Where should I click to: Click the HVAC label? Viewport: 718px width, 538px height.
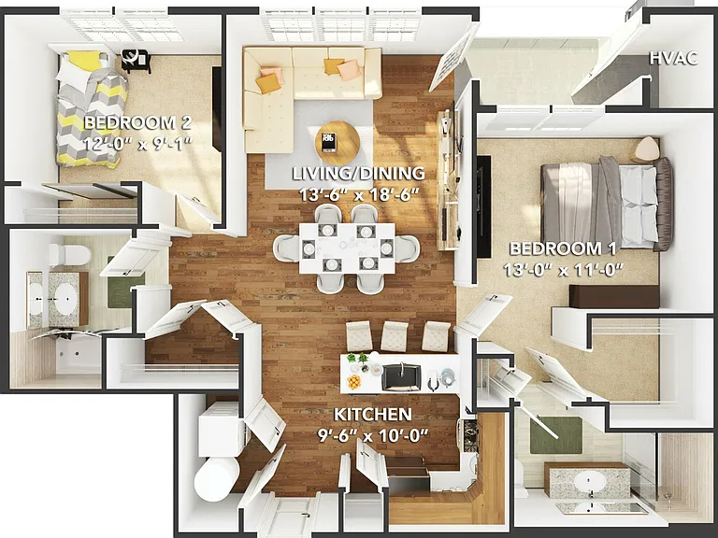(x=673, y=59)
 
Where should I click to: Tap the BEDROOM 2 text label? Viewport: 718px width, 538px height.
(x=137, y=122)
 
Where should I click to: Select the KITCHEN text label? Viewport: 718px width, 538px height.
(x=373, y=415)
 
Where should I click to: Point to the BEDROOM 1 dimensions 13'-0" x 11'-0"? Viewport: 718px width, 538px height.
(x=564, y=270)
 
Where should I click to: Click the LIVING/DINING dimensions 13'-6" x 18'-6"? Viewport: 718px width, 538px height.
(x=359, y=194)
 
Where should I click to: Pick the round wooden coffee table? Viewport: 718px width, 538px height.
(x=339, y=142)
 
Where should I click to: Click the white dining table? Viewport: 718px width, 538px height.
(x=347, y=248)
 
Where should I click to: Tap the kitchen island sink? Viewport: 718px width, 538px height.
(x=401, y=377)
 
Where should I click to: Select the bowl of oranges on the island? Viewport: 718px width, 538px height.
(x=354, y=381)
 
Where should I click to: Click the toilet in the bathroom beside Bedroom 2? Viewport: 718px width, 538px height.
(x=70, y=255)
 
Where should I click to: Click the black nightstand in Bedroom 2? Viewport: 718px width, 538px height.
(x=136, y=61)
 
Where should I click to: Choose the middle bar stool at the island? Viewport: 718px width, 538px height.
(x=394, y=336)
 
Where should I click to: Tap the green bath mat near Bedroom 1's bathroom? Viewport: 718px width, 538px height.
(x=556, y=435)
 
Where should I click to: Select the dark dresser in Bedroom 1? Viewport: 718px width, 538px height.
(x=614, y=296)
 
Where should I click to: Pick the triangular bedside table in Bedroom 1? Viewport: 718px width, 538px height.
(x=647, y=148)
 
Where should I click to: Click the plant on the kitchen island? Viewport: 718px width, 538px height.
(x=357, y=359)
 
